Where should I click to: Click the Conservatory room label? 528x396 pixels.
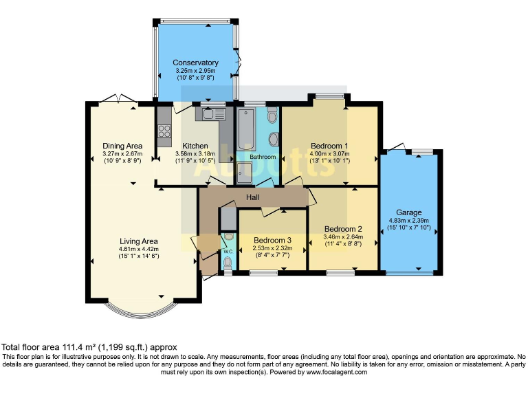(x=195, y=63)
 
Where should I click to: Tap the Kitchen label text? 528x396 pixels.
(x=195, y=146)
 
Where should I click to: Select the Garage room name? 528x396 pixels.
(x=409, y=212)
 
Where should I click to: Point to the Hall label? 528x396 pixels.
(x=252, y=197)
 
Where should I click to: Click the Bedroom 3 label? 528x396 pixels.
(x=272, y=240)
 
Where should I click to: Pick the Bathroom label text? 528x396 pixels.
(x=263, y=157)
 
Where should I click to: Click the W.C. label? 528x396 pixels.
(x=228, y=252)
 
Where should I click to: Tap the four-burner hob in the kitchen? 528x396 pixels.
(x=164, y=131)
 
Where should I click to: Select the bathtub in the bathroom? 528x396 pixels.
(x=246, y=129)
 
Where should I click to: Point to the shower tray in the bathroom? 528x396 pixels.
(x=244, y=173)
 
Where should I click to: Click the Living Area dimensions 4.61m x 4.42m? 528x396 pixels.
(x=139, y=249)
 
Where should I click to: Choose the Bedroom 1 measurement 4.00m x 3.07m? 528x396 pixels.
(x=329, y=154)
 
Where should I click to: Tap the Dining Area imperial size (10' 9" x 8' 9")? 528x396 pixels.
(x=122, y=161)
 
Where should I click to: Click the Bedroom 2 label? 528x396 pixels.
(x=343, y=229)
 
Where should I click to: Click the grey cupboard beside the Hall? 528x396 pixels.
(x=229, y=219)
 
